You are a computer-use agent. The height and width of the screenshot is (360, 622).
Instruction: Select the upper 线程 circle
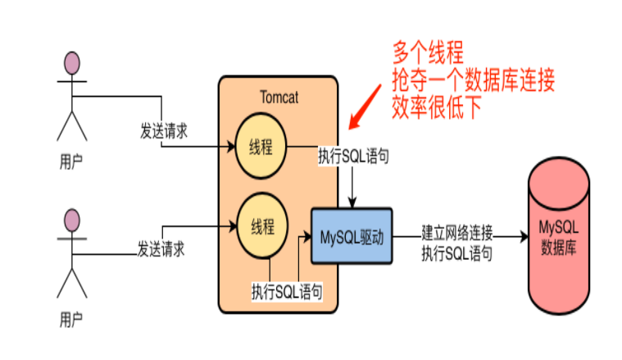point(261,148)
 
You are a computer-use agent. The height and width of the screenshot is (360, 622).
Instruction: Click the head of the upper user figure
point(73,63)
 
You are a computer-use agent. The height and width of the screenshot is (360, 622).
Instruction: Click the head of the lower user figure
point(73,221)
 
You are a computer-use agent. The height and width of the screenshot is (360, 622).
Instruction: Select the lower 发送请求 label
point(161,247)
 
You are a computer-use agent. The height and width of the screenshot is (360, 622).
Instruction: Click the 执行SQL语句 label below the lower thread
point(287,291)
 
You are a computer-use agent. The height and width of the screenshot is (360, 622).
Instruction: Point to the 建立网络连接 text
point(456,230)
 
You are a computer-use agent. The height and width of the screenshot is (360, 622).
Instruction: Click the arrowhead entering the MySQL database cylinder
point(522,237)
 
